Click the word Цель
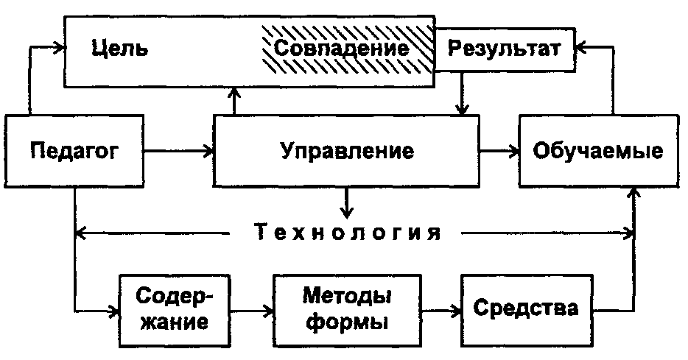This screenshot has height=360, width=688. tap(121, 49)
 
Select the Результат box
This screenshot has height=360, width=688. tap(505, 49)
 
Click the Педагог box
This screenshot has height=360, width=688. tap(74, 152)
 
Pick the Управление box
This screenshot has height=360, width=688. tap(347, 152)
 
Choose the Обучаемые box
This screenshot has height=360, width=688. tap(597, 152)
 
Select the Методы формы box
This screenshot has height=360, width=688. tap(346, 309)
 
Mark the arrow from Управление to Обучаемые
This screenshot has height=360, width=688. tap(499, 152)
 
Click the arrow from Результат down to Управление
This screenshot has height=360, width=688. tap(462, 92)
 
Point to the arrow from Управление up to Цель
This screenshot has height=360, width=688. tap(234, 101)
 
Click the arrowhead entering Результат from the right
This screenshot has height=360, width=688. tap(582, 49)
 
